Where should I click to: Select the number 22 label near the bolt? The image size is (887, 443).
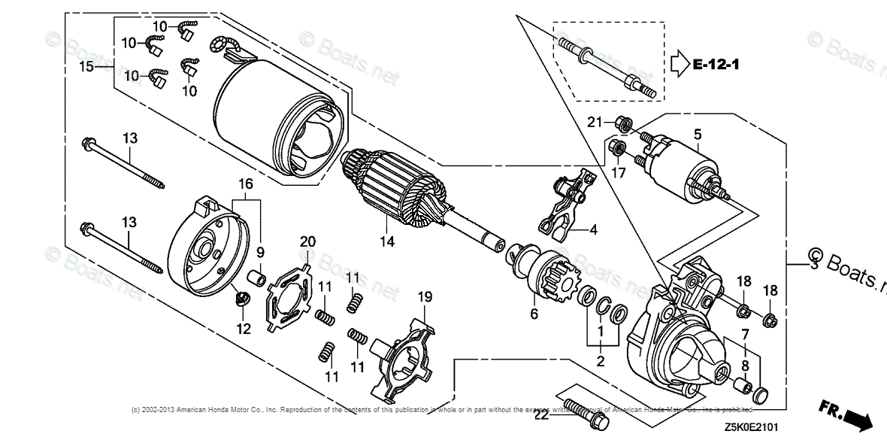(541, 414)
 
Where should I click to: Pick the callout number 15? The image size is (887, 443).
(86, 67)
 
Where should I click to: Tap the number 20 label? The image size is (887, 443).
(307, 241)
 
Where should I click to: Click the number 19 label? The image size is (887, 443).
(425, 297)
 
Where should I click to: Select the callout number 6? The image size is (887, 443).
(535, 314)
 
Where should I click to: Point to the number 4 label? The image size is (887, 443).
(593, 230)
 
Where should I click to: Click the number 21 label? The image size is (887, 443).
(595, 122)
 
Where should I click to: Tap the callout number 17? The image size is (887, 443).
(618, 172)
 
